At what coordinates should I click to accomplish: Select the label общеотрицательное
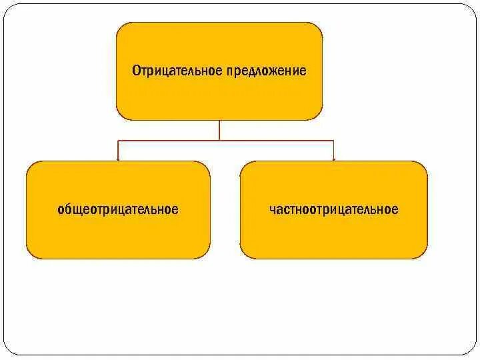pos(118,210)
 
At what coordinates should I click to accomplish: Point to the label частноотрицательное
pos(333,210)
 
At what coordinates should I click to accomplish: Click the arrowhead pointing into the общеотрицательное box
pos(118,159)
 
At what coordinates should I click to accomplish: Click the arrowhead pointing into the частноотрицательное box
pos(333,159)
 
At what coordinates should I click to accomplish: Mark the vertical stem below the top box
pos(219,130)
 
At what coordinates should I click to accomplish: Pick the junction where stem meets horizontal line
pos(219,141)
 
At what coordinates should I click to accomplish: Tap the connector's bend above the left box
pos(118,141)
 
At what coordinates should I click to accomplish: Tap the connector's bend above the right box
pos(333,141)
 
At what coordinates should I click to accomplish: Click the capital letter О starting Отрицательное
pos(135,71)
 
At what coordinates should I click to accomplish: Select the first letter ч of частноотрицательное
pos(272,210)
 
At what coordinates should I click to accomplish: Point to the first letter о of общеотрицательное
pos(61,210)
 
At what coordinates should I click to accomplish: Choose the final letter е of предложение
pos(304,71)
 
